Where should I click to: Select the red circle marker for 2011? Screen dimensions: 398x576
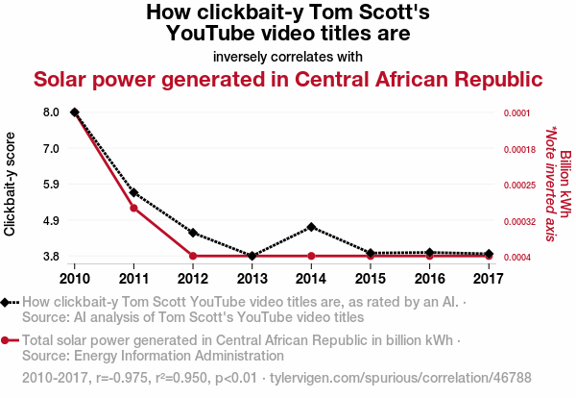133,208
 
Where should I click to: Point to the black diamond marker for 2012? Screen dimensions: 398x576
193,233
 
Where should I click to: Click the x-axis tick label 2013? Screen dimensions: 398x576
252,279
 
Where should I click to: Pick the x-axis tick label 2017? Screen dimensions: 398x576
490,279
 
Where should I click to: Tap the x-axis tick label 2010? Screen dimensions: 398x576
74,279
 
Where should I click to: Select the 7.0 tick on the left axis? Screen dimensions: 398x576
51,149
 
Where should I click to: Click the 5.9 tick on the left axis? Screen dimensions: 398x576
51,185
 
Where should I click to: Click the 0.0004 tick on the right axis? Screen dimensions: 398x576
517,257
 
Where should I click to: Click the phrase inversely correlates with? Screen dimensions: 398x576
288,56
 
